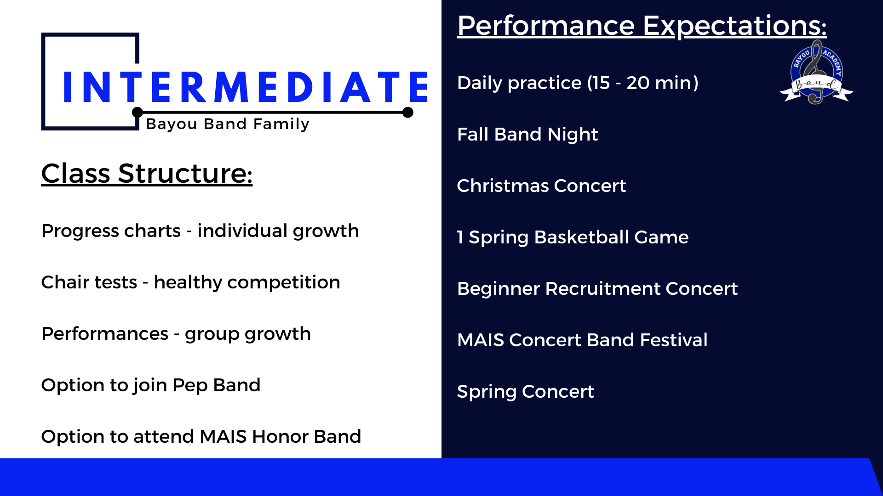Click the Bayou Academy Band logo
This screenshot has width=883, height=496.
coord(816,73)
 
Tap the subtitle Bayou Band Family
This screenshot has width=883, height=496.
coord(228,124)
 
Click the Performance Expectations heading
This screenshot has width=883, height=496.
coord(642,26)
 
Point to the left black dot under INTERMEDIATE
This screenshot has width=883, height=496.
coord(137,113)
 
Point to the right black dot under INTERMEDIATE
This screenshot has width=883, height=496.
coord(407,113)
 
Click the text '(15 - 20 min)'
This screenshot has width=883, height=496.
coord(643,83)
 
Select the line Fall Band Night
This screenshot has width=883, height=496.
coord(527,135)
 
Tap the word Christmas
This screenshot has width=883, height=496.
coord(503,186)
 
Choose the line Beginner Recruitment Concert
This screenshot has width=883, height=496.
coord(597,289)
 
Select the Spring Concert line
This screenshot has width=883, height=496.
coord(525,392)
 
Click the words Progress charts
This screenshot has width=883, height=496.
coord(111,231)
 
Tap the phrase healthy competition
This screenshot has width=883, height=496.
coord(247,282)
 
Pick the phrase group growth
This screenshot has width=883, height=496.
coord(247,334)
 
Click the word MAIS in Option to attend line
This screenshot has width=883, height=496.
coord(223,437)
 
